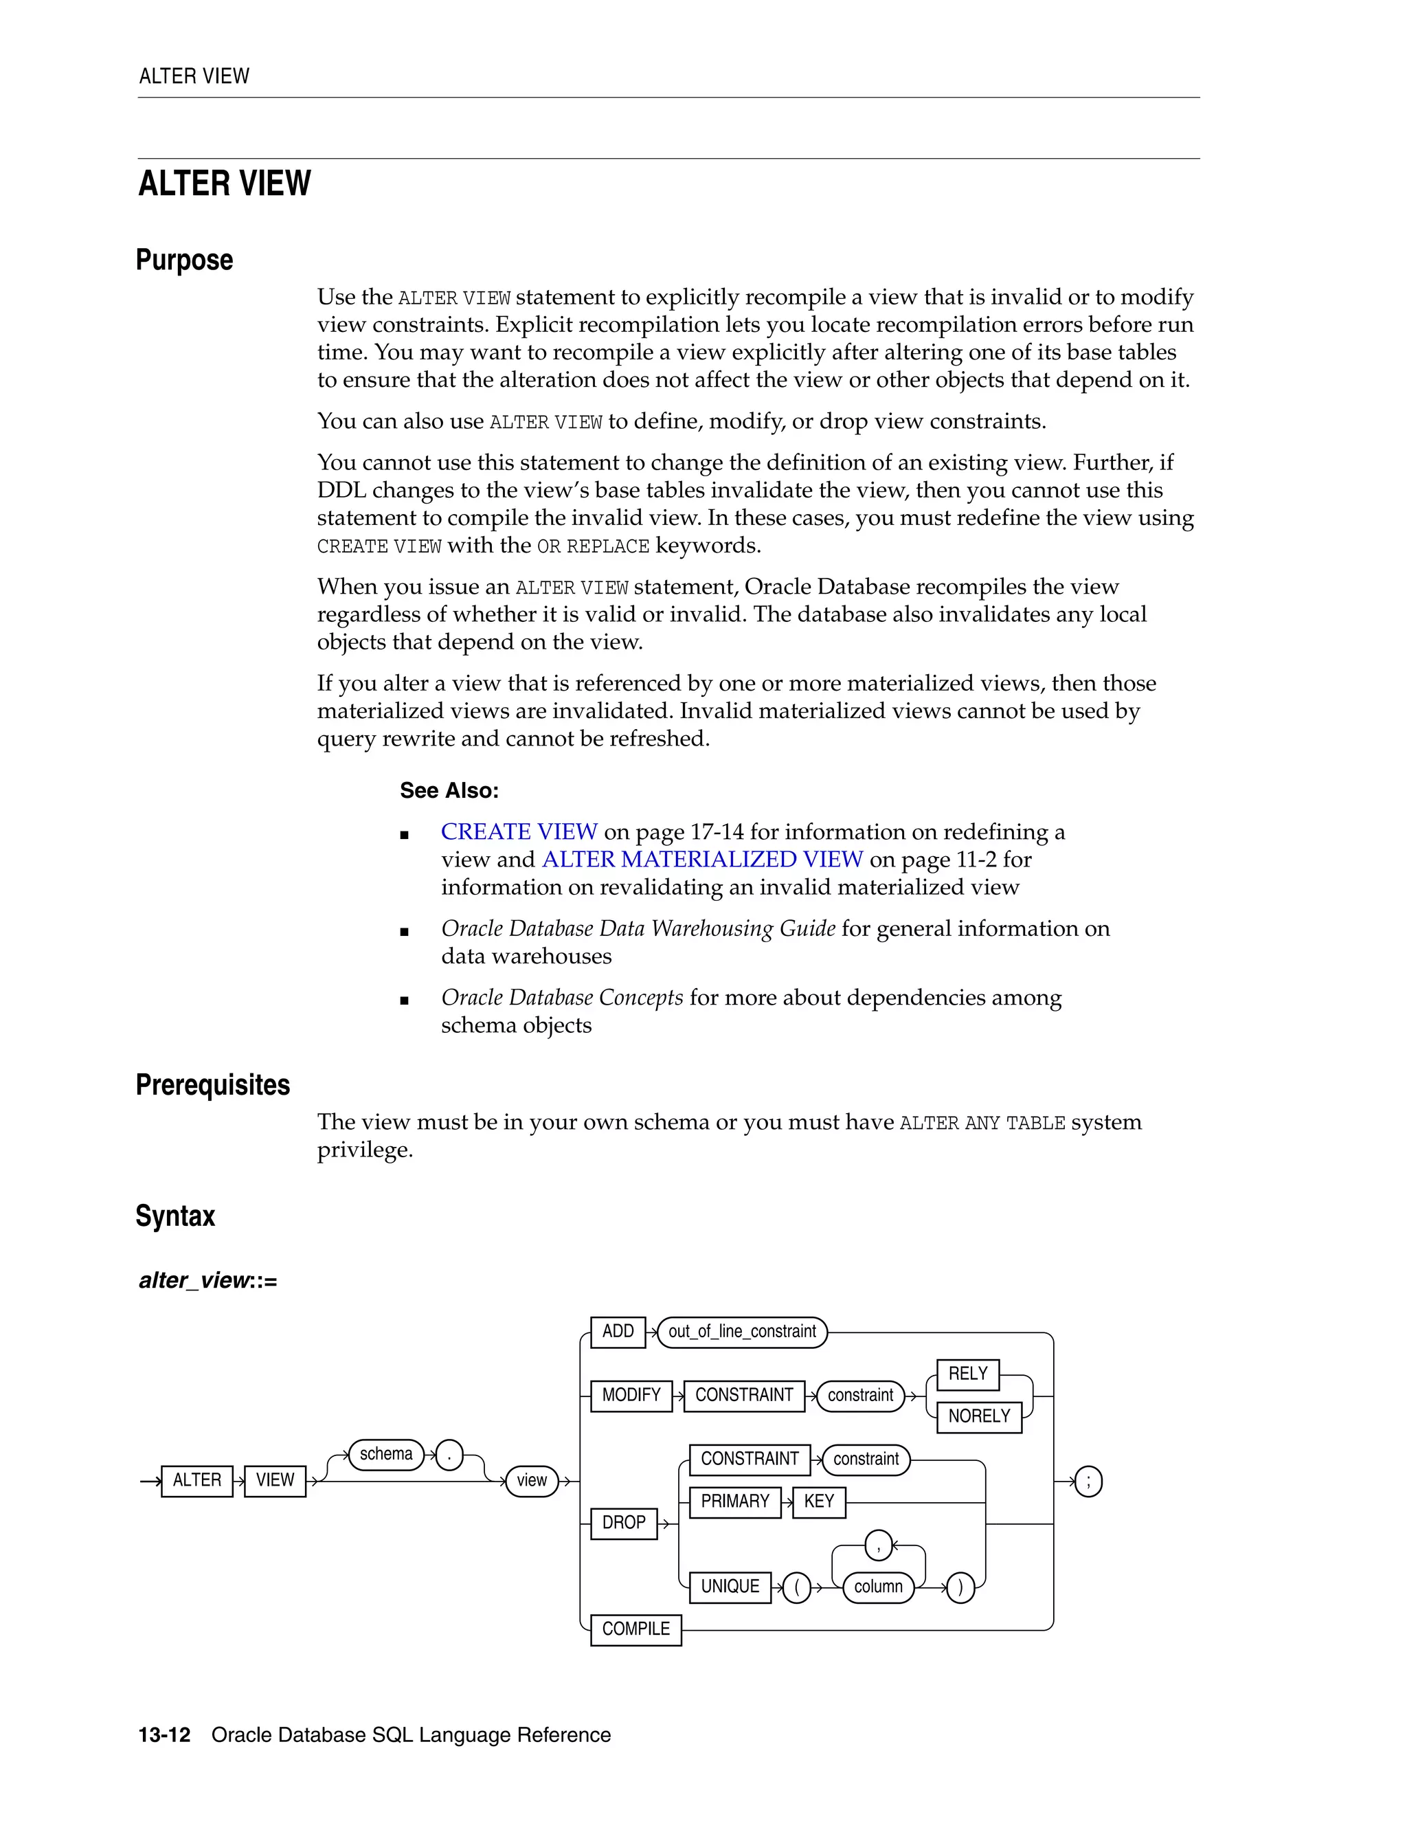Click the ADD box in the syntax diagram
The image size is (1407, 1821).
pos(618,1332)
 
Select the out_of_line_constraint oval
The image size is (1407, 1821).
pos(742,1332)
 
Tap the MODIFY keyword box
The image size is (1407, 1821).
pos(631,1395)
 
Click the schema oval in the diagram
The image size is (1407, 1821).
pos(386,1453)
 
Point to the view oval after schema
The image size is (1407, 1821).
pos(532,1480)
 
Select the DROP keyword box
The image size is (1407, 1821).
pos(624,1523)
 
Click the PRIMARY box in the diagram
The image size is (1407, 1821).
pos(735,1501)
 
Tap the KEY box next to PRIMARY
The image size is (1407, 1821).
pos(818,1501)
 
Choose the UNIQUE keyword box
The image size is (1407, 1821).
pos(730,1586)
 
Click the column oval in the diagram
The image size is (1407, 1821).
pos(878,1586)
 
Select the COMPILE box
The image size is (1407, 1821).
pos(636,1629)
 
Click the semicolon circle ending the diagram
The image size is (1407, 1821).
pos(1088,1481)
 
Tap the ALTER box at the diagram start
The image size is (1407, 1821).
pos(196,1480)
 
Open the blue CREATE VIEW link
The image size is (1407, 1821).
pos(519,831)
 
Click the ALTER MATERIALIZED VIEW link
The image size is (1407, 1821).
pos(702,859)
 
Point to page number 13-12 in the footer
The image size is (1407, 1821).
pos(164,1734)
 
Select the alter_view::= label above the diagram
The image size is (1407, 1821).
pos(207,1280)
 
